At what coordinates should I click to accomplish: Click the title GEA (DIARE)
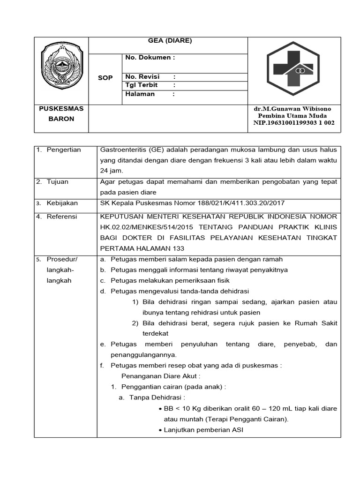tap(170, 41)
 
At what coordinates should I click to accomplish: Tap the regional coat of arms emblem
tap(61, 69)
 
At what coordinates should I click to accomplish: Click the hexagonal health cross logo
tap(293, 69)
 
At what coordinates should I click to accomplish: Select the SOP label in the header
tap(105, 78)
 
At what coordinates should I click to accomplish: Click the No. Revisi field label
tap(142, 76)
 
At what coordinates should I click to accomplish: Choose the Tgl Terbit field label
tap(142, 85)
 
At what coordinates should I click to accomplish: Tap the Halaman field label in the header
tap(140, 94)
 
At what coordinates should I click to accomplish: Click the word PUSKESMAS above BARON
tap(61, 109)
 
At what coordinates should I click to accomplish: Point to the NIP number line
tap(291, 123)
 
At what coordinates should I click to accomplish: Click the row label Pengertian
tap(64, 150)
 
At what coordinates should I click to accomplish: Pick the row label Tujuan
tap(58, 181)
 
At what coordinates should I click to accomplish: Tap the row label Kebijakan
tap(62, 203)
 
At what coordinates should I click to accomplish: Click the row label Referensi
tap(62, 217)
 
